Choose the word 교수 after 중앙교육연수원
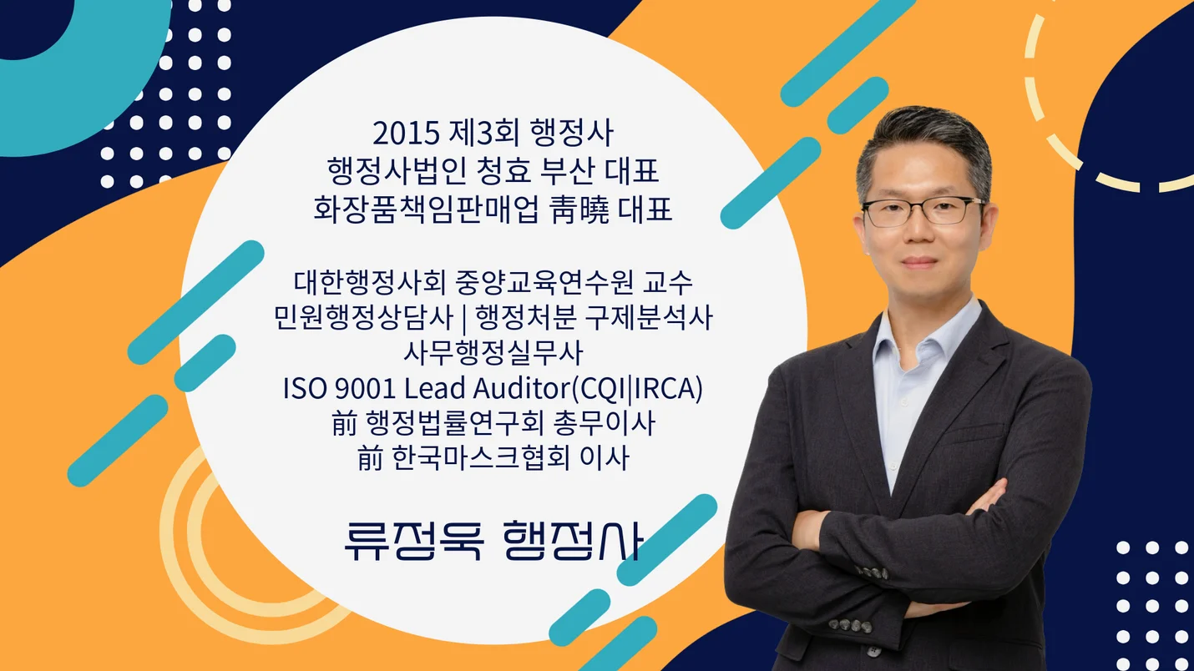pos(668,282)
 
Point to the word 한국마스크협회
pos(475,459)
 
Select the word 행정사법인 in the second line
pos(382,172)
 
